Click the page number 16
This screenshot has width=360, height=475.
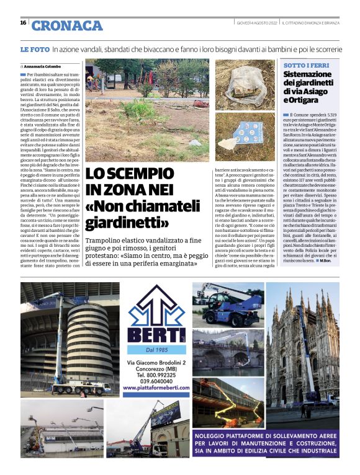point(23,23)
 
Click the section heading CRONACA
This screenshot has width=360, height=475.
point(66,25)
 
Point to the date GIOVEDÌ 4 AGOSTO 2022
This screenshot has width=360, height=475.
point(256,23)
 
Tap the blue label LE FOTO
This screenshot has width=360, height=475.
point(34,48)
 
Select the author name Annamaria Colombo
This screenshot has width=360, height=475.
point(44,66)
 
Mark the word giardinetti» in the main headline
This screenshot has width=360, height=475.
point(127,221)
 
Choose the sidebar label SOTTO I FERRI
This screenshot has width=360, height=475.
point(303,65)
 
